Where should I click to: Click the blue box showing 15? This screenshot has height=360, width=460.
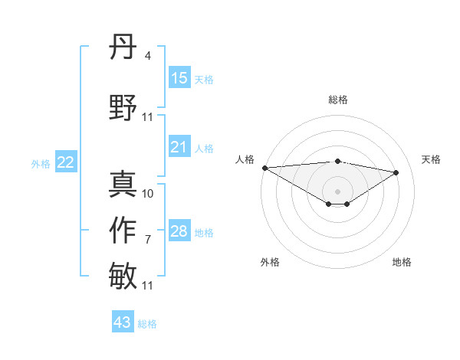tap(179, 78)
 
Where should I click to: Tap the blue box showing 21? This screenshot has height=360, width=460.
tap(179, 148)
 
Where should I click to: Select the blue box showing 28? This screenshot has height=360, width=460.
tap(179, 231)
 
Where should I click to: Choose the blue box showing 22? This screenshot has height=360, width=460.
tap(66, 162)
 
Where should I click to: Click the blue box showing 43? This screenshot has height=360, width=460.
tap(123, 322)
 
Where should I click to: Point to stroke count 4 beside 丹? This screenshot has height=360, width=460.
tap(147, 56)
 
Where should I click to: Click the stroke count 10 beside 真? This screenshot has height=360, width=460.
tap(148, 194)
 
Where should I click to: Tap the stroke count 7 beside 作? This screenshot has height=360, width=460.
tap(147, 240)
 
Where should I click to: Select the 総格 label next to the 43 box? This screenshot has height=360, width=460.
tap(147, 324)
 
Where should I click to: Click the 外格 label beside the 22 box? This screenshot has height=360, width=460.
tap(41, 163)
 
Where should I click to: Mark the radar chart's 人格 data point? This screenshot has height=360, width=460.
tap(264, 167)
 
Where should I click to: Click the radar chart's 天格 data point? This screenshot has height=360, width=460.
tap(396, 172)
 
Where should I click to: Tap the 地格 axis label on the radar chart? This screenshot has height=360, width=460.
tap(402, 262)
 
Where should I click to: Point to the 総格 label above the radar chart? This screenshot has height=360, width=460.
tap(338, 100)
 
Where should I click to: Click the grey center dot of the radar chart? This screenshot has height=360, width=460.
tap(337, 190)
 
